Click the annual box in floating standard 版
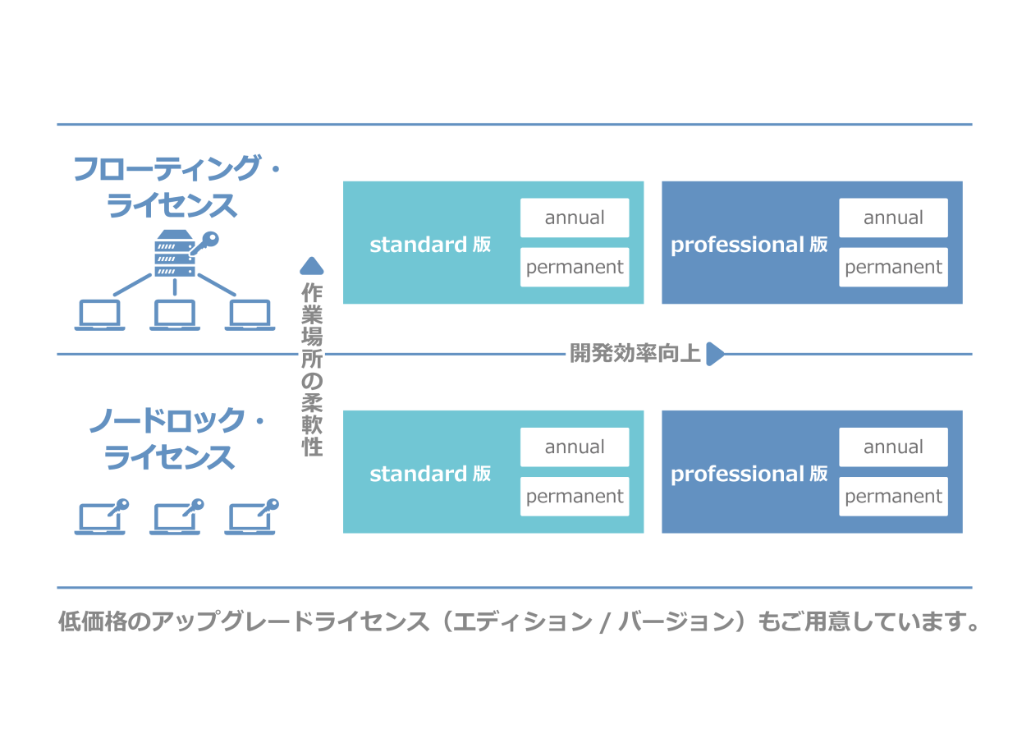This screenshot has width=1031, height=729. [575, 218]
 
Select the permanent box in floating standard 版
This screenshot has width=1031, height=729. [575, 267]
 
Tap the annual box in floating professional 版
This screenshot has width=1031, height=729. [893, 218]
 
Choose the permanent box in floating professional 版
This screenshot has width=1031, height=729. [893, 267]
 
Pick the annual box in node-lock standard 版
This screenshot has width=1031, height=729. [575, 447]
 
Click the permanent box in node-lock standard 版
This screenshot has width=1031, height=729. [575, 496]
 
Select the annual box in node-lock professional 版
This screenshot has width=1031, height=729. [893, 447]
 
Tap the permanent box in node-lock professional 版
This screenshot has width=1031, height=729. [893, 496]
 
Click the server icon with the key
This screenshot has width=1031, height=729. [176, 253]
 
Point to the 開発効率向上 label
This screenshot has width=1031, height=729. [635, 354]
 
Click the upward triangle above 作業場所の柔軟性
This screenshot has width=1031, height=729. [312, 265]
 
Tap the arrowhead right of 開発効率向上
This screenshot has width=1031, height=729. [714, 354]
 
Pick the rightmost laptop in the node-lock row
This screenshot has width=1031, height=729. [251, 519]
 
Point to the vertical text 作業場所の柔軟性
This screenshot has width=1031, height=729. [312, 369]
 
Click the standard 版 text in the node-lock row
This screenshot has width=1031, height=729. [430, 474]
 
